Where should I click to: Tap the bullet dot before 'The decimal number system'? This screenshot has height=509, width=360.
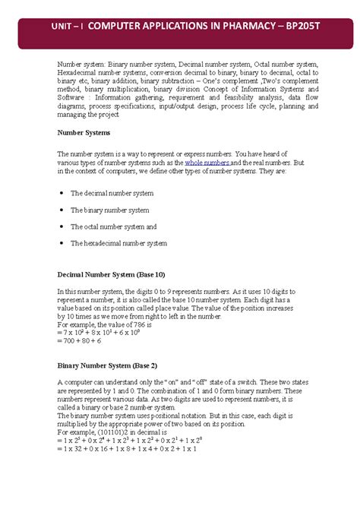tap(61, 194)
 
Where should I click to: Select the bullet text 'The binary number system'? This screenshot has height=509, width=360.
tap(109, 210)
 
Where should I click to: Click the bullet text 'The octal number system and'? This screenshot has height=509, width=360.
tap(113, 226)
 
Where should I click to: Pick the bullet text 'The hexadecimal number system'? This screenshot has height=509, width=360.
tap(118, 243)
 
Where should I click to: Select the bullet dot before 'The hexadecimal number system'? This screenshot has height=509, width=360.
tap(61, 243)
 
